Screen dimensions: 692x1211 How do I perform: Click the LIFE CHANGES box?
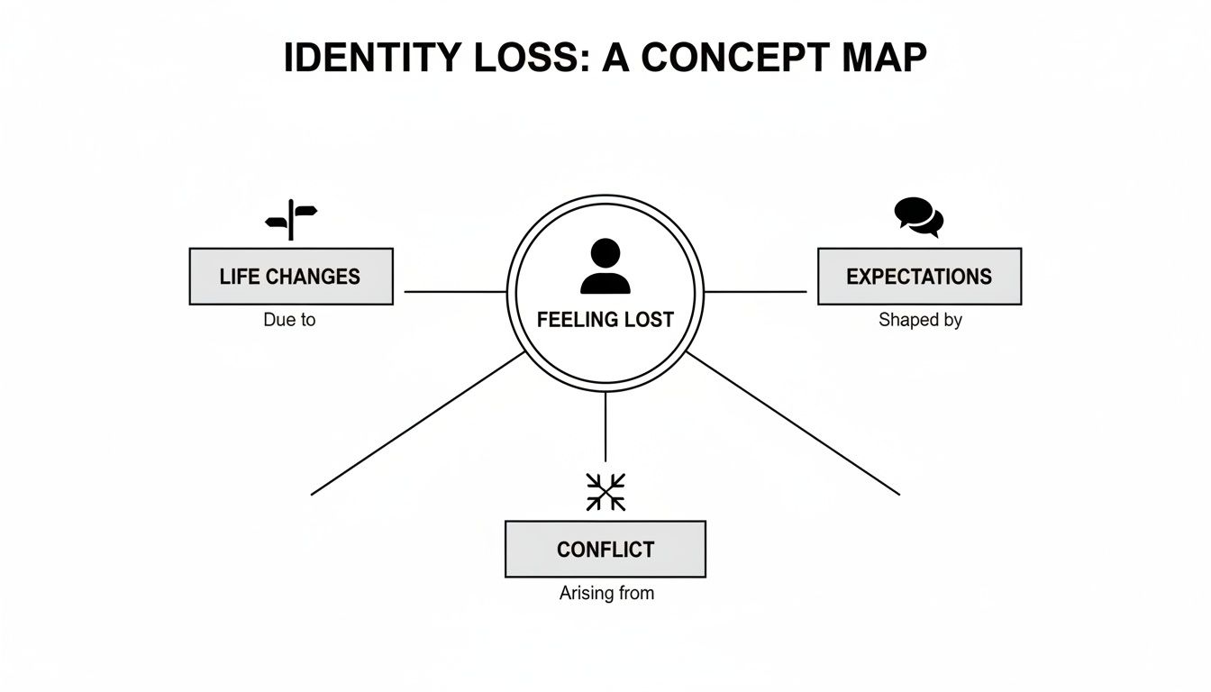[290, 277]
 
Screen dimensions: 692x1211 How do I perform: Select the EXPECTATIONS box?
[919, 277]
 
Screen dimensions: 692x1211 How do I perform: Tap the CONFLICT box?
[605, 549]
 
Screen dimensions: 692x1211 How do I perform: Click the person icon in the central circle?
[605, 267]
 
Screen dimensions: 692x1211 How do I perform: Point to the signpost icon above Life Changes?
[291, 219]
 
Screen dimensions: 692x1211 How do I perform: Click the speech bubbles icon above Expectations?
[918, 216]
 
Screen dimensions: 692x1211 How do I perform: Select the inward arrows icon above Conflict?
[605, 492]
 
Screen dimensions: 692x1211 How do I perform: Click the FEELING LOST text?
[605, 320]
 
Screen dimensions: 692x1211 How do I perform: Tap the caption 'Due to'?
[289, 320]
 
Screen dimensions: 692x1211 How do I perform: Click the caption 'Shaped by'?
[920, 320]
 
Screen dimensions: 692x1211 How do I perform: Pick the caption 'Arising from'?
[605, 593]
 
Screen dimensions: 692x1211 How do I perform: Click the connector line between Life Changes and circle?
[455, 292]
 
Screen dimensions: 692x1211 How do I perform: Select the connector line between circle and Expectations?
[755, 292]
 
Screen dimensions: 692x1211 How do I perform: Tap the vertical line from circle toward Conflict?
[605, 428]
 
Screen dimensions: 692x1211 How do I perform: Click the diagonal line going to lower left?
[416, 423]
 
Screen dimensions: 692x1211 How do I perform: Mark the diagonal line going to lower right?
[793, 423]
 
